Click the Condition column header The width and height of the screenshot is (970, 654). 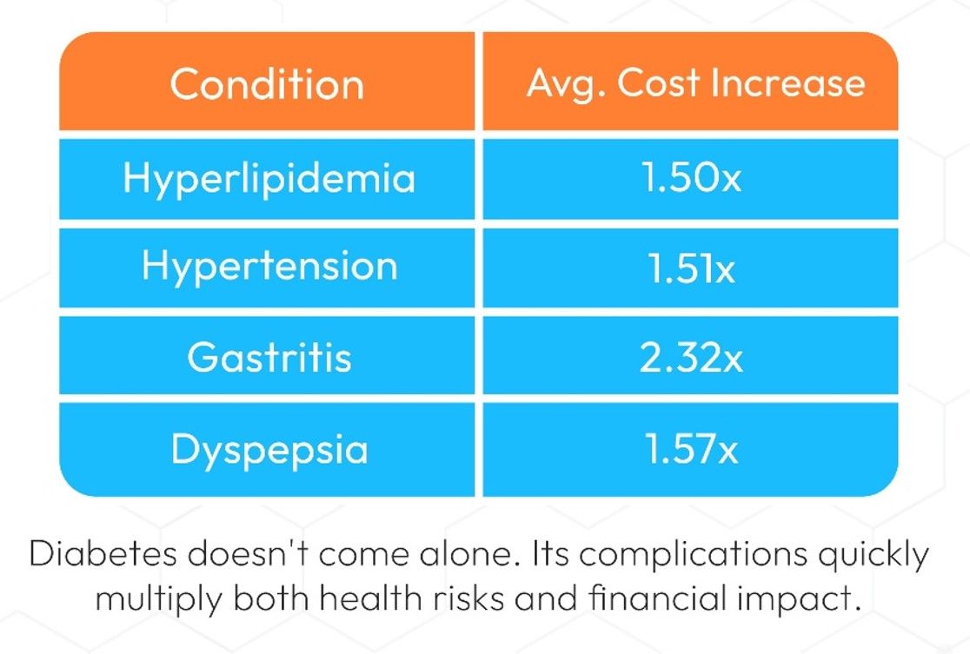click(267, 84)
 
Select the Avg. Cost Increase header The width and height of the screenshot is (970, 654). click(695, 83)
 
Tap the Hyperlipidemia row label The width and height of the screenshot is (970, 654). click(269, 179)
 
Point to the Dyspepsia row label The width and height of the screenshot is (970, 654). click(269, 449)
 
